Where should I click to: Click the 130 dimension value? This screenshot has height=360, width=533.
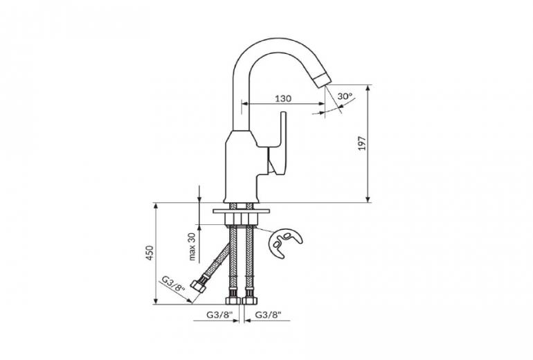tap(283, 98)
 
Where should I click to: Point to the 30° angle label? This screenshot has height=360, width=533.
tap(345, 96)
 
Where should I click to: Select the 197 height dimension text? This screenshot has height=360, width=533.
tap(361, 143)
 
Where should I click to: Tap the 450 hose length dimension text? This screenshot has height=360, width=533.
tap(150, 253)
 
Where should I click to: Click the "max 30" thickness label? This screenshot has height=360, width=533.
tap(192, 246)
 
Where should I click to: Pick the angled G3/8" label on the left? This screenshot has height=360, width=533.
tap(172, 284)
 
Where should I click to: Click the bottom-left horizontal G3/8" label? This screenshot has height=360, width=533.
tap(219, 315)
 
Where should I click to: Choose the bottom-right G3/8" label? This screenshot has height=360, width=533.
tap(269, 315)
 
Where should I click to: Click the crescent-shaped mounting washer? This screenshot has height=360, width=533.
tap(284, 242)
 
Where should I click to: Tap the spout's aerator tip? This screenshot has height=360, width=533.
tap(322, 79)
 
